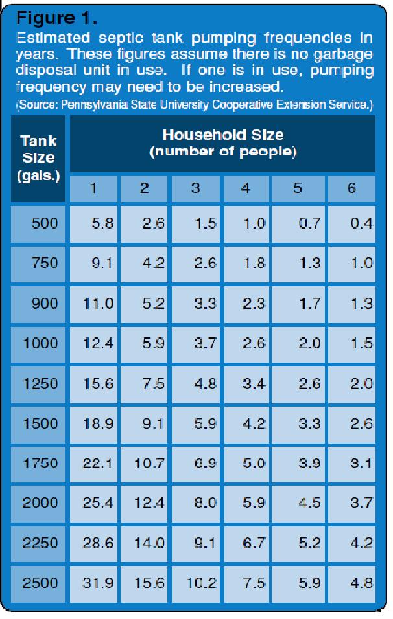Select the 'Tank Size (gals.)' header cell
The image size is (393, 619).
(x=38, y=158)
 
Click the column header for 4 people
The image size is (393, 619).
(x=246, y=189)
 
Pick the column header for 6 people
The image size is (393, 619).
(x=351, y=189)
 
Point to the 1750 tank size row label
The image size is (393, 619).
(x=40, y=463)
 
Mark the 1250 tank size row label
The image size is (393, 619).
(x=40, y=383)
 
